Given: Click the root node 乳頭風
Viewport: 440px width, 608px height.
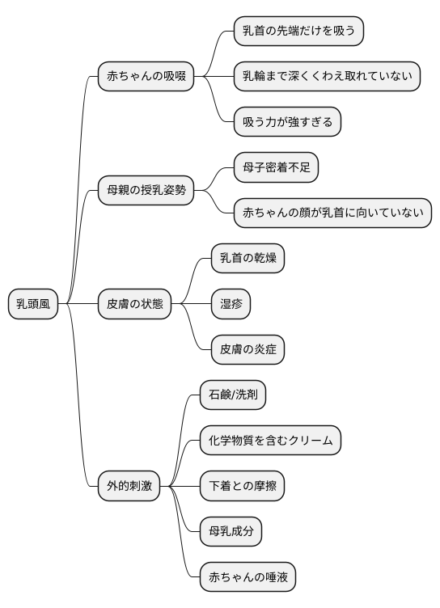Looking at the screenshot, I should coord(33,304).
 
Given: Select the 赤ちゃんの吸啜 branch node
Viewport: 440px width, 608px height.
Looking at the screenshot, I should coord(146,77).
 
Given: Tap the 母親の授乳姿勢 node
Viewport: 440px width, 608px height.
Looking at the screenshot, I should coord(146,191).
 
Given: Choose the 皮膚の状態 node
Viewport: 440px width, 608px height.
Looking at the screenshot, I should coord(135,304).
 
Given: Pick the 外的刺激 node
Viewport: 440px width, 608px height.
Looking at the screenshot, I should coord(129,486).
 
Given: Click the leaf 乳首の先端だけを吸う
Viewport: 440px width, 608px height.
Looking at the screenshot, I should coord(299,32).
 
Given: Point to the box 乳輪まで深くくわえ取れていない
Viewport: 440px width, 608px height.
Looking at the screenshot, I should coord(328,77).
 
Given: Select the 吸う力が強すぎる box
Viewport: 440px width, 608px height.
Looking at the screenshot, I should coord(287,122).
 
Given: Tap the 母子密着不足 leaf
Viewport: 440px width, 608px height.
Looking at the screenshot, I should coord(276,167).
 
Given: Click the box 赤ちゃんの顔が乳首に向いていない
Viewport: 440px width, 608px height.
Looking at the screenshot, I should coord(332,213).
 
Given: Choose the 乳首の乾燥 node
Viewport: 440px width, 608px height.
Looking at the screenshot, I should coord(247,259).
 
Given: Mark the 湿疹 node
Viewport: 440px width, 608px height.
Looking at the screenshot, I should coord(231,304).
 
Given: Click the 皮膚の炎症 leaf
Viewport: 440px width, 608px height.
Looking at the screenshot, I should coord(247,350).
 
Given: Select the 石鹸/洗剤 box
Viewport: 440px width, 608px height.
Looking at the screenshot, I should coord(233,395).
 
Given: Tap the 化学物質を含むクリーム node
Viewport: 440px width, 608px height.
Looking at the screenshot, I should coord(270,441).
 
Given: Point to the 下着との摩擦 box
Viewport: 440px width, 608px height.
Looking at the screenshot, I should coord(242,486).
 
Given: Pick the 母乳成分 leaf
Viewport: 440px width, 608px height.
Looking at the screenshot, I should coord(231,532).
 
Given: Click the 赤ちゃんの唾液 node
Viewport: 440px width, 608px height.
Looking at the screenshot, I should coord(247,577).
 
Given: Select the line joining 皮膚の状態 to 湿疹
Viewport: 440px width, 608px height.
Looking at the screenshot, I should coord(191,304).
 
